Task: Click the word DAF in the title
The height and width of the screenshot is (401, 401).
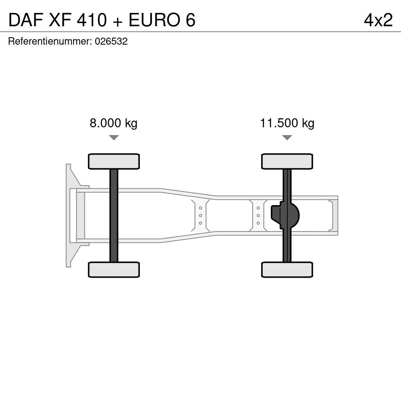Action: click(26, 20)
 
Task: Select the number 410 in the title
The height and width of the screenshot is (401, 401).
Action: click(91, 20)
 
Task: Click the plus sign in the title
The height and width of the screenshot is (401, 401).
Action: click(117, 21)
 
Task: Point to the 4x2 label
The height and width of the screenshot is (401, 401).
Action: click(378, 20)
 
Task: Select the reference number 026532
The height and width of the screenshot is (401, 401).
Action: click(111, 42)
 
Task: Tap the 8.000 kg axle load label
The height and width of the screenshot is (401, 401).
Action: click(114, 123)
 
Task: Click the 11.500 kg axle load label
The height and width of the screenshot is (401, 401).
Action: click(287, 123)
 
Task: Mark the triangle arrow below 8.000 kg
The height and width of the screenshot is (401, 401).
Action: click(114, 137)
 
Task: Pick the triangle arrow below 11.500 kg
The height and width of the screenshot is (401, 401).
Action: click(287, 137)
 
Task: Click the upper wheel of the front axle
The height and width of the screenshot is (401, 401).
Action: click(114, 161)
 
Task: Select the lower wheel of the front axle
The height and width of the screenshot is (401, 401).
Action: click(114, 270)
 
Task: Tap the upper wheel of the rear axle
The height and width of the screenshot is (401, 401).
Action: click(287, 161)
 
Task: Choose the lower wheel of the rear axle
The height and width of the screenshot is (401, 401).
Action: click(287, 270)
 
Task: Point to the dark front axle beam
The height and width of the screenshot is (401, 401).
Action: click(114, 215)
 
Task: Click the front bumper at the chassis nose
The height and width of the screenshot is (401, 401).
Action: click(69, 215)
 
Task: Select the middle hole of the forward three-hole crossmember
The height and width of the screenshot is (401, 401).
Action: click(200, 215)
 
